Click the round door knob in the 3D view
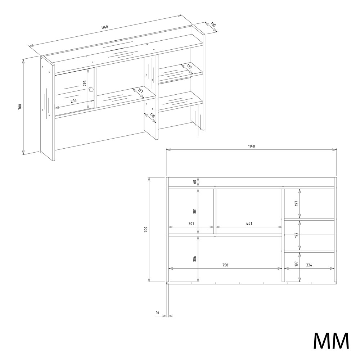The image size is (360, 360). click(x=91, y=90)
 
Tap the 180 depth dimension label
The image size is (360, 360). click(x=213, y=24)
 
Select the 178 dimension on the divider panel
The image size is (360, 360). click(x=153, y=115)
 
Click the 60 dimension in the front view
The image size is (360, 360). click(x=195, y=182)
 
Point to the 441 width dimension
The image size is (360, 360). click(x=249, y=224)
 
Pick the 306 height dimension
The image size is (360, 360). click(x=195, y=258)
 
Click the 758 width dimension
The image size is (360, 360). click(x=225, y=265)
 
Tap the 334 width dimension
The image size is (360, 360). click(x=309, y=265)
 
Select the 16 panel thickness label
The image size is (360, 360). click(x=158, y=312)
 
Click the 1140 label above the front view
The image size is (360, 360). click(x=251, y=146)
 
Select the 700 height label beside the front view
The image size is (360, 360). click(x=146, y=229)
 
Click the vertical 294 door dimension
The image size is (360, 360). click(x=85, y=83)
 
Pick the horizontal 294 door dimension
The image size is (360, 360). click(x=74, y=100)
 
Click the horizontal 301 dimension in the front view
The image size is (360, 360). click(x=191, y=224)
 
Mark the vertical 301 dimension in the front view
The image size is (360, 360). click(x=195, y=211)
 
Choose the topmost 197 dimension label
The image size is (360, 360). click(x=296, y=203)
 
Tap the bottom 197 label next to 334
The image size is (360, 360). click(x=296, y=264)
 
